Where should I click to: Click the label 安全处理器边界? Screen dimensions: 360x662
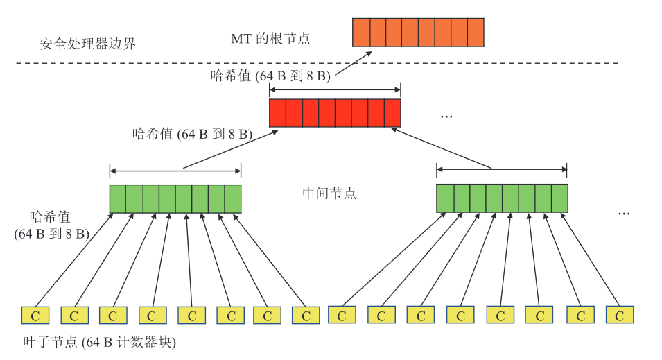pyautogui.click(x=87, y=44)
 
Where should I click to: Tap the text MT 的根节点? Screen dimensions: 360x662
pyautogui.click(x=270, y=39)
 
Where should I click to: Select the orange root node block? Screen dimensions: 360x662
pyautogui.click(x=417, y=33)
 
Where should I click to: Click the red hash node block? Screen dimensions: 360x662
pyautogui.click(x=335, y=113)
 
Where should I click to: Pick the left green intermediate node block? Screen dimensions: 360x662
pyautogui.click(x=175, y=198)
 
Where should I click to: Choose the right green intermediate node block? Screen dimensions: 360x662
pyautogui.click(x=501, y=198)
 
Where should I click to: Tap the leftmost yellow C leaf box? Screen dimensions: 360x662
pyautogui.click(x=35, y=316)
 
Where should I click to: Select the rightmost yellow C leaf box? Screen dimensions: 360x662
pyautogui.click(x=619, y=316)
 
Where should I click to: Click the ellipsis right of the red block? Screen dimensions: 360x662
pyautogui.click(x=446, y=117)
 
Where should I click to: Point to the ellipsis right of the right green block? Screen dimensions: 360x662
pyautogui.click(x=624, y=212)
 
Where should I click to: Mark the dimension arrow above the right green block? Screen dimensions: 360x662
pyautogui.click(x=501, y=169)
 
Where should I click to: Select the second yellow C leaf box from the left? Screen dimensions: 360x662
pyautogui.click(x=74, y=316)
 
